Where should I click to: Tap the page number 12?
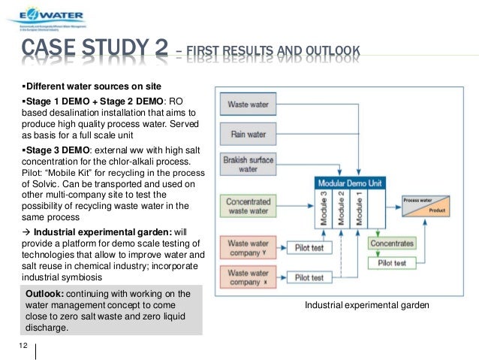[x=23, y=344]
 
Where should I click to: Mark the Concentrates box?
[x=391, y=244]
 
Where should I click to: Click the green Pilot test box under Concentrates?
[x=391, y=263]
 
